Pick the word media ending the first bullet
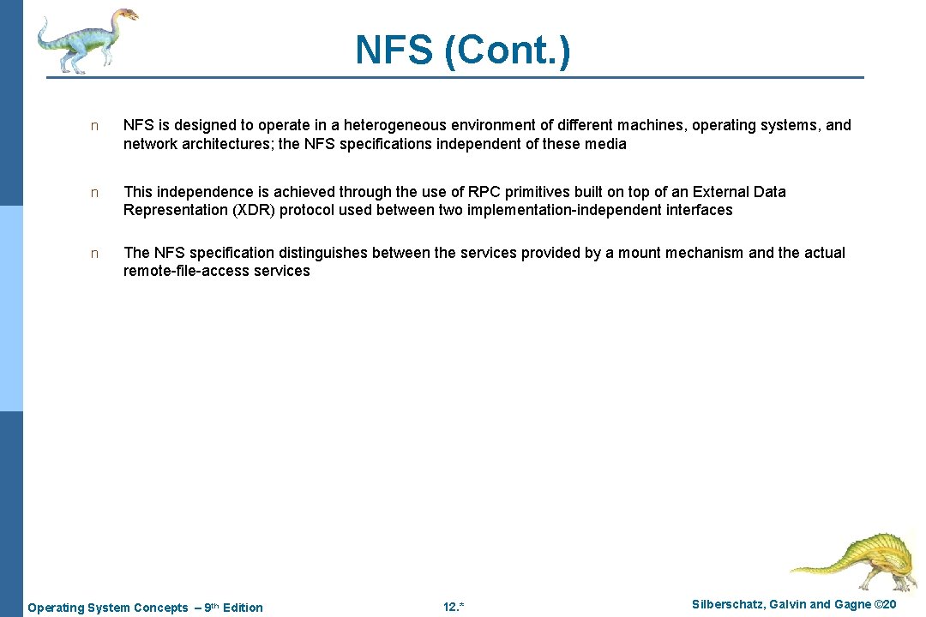pos(606,144)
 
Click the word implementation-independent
pos(600,210)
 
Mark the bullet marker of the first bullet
pos(95,126)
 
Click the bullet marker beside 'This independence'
pos(95,193)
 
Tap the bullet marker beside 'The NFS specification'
pos(95,254)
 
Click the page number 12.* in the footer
pos(454,608)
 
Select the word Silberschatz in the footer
pos(727,605)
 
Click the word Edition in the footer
pos(243,608)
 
